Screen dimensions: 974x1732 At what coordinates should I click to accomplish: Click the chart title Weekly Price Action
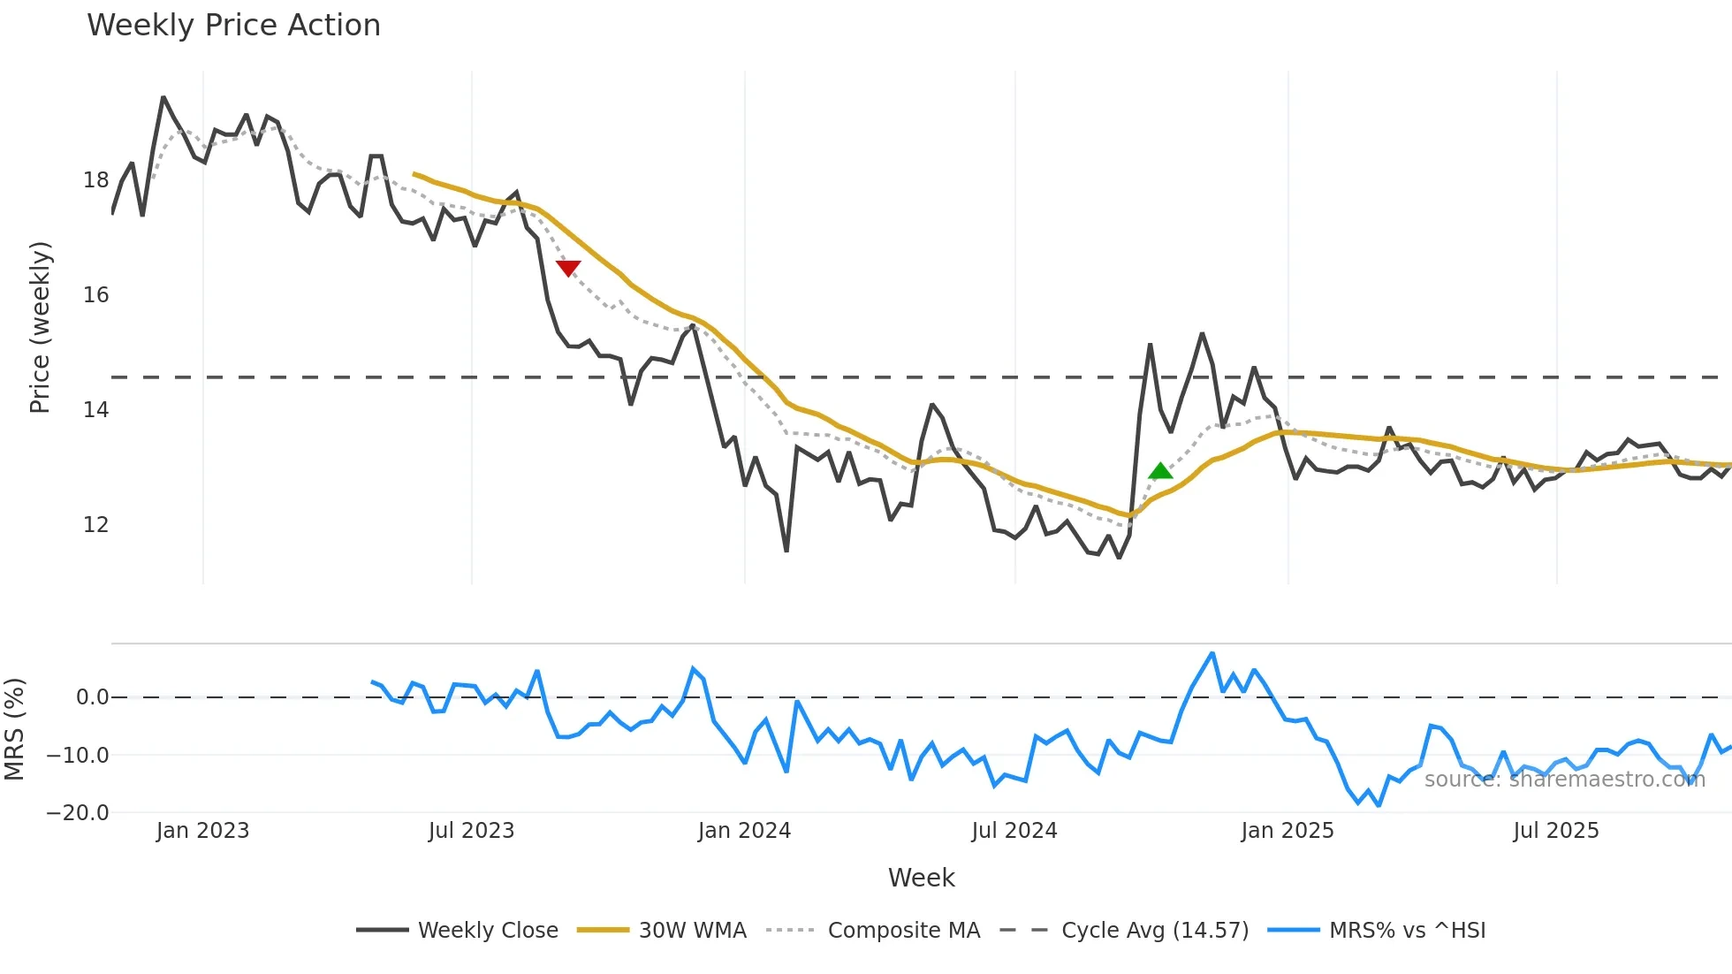click(233, 26)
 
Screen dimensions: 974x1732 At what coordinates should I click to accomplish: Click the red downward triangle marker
click(568, 268)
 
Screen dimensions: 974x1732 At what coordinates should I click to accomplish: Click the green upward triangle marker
click(1160, 471)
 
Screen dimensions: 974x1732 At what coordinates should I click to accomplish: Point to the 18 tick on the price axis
click(95, 180)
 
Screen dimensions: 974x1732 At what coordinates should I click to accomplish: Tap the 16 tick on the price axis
click(95, 295)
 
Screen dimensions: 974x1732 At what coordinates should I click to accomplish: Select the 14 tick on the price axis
click(95, 410)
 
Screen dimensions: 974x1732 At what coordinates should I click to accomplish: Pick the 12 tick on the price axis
click(95, 525)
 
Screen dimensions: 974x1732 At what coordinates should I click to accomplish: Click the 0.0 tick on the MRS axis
click(92, 697)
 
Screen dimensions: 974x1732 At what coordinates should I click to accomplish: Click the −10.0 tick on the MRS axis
click(78, 756)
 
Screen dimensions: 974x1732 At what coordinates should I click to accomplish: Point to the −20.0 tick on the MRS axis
click(78, 813)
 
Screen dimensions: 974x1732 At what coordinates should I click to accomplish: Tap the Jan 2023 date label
click(202, 831)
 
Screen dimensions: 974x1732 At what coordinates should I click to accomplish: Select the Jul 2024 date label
click(1014, 831)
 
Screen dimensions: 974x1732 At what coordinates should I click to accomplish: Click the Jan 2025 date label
click(1287, 831)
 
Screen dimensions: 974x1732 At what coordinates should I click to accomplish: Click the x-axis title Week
click(921, 878)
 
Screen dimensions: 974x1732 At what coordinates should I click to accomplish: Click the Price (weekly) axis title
click(41, 327)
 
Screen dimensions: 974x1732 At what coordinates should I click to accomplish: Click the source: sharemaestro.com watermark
click(1564, 780)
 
